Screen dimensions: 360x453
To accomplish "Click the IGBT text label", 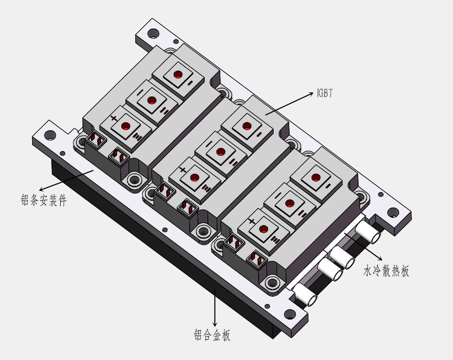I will pyautogui.click(x=324, y=93).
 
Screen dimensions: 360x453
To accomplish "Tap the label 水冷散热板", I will pyautogui.click(x=386, y=271).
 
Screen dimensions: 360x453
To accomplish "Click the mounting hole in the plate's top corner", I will pyautogui.click(x=153, y=34).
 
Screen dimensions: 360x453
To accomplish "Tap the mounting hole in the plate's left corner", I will pyautogui.click(x=50, y=136).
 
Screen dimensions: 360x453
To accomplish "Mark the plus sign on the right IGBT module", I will pyautogui.click(x=252, y=221).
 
